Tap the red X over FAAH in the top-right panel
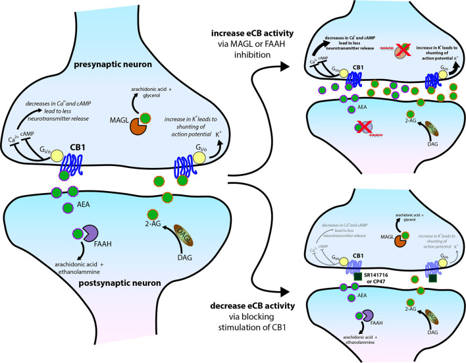click(x=359, y=126)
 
